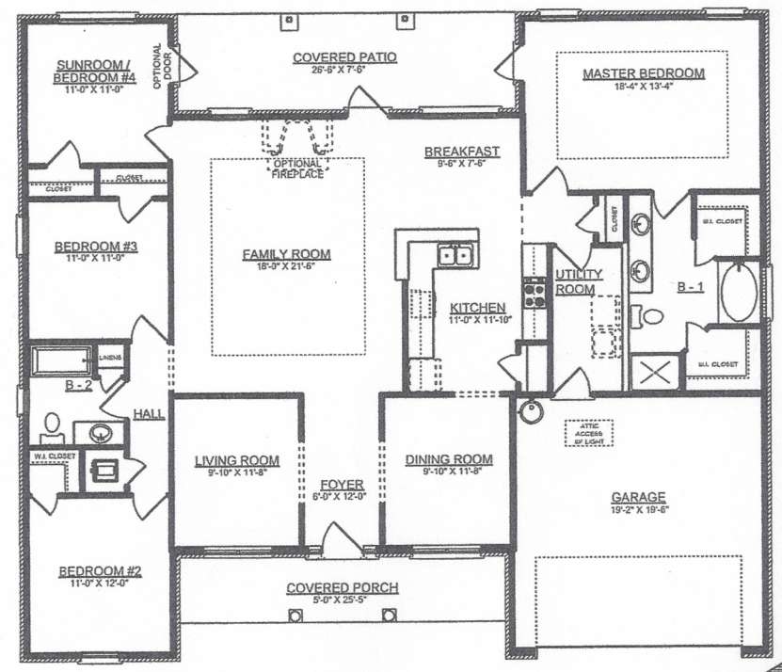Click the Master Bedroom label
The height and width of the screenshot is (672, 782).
click(643, 73)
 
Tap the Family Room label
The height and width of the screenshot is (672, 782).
click(286, 254)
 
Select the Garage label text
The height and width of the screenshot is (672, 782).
click(638, 497)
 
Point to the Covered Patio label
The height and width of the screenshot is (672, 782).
click(344, 57)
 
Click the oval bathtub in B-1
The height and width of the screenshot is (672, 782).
click(740, 291)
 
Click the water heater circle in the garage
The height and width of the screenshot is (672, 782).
click(531, 411)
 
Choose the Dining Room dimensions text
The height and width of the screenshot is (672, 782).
click(449, 472)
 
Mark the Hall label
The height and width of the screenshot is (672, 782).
click(149, 413)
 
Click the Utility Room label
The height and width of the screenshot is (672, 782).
click(574, 281)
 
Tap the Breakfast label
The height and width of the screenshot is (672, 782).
click(461, 152)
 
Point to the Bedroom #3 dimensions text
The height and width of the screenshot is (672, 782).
click(96, 257)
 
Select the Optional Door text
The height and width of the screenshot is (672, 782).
click(159, 68)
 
